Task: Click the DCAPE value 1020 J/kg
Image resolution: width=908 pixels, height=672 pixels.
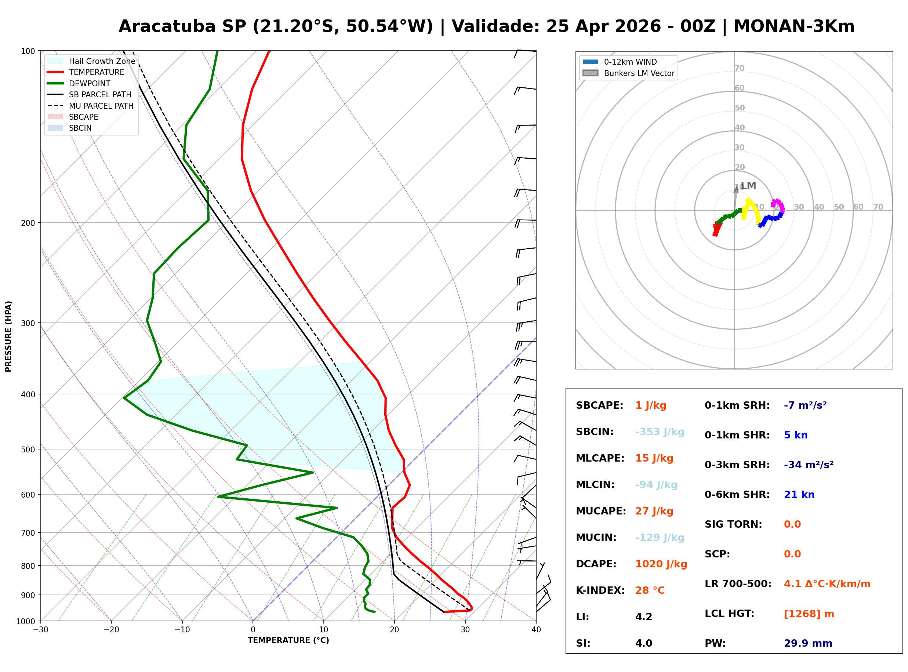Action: click(x=661, y=564)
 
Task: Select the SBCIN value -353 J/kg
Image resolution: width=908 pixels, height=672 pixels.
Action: click(x=660, y=432)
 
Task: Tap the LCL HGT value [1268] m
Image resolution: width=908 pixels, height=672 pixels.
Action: click(x=809, y=614)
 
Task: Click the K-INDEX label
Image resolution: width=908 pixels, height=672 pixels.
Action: click(x=600, y=590)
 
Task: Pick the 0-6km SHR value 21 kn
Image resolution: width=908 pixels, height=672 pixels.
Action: click(x=799, y=495)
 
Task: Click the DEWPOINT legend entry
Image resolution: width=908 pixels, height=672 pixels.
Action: click(x=90, y=83)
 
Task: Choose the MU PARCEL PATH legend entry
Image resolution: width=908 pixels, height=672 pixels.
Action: click(x=101, y=106)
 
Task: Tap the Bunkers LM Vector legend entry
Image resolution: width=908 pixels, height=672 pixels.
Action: click(x=639, y=73)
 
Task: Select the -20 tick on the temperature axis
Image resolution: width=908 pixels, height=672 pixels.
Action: click(x=111, y=630)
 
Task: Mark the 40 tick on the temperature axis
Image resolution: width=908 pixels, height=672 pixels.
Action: click(x=536, y=630)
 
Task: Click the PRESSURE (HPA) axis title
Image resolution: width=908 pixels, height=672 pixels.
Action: click(x=8, y=336)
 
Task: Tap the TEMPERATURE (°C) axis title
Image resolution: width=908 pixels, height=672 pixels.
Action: click(x=288, y=641)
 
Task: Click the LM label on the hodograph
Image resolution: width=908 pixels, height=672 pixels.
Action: click(x=748, y=186)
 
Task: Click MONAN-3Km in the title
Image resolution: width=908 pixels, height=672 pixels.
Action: click(x=794, y=26)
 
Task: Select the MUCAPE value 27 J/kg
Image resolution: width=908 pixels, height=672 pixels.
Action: click(x=654, y=511)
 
